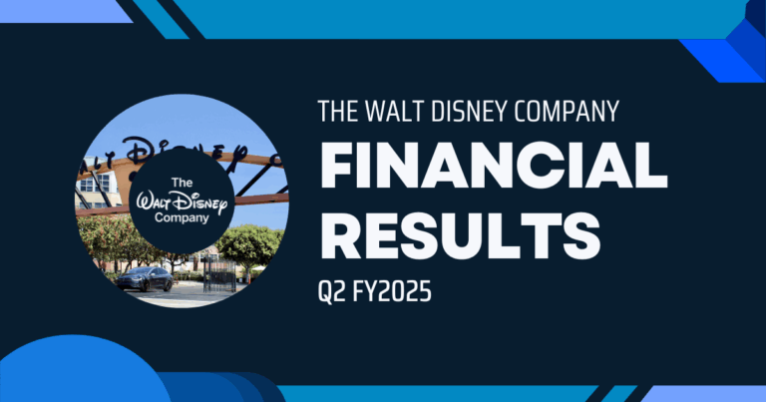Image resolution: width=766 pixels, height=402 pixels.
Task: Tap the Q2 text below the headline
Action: (x=330, y=294)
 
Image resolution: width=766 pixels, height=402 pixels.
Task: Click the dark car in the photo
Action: (x=145, y=278)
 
